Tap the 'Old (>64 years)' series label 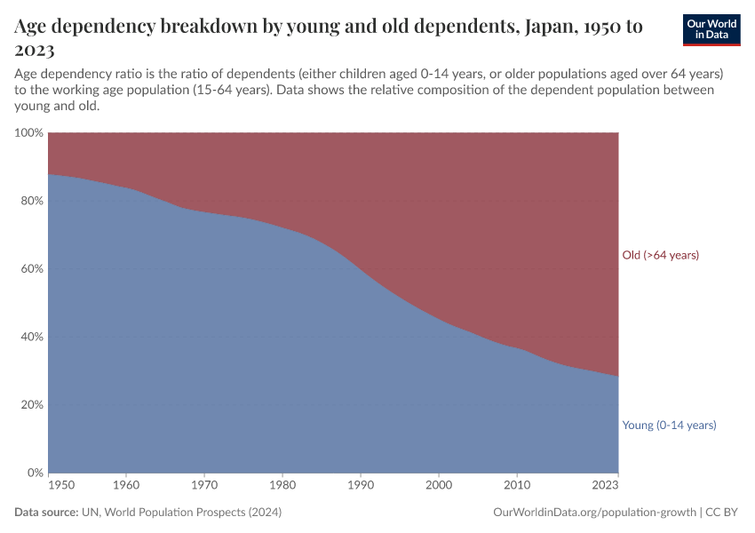click(x=661, y=255)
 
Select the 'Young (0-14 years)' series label click(x=669, y=426)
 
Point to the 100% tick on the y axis click(x=28, y=133)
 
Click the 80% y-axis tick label click(x=31, y=201)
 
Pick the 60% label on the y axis click(x=31, y=269)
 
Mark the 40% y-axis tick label click(x=31, y=337)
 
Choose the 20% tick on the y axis click(x=31, y=405)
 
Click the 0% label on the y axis click(x=35, y=473)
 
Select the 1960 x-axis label click(x=126, y=486)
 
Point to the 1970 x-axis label click(x=204, y=486)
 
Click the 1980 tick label click(x=282, y=486)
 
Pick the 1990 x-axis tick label click(x=361, y=486)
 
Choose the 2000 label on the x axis click(x=439, y=486)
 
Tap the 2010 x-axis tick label click(x=517, y=486)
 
